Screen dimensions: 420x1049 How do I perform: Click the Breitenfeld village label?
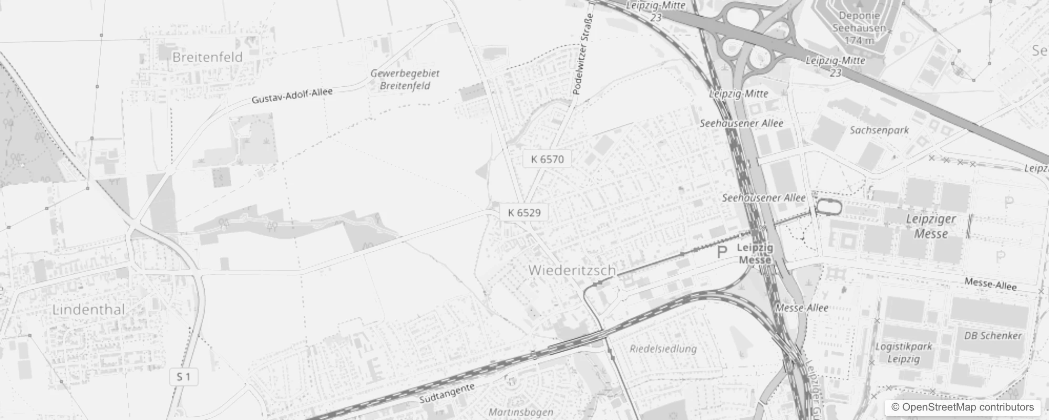pos(207,57)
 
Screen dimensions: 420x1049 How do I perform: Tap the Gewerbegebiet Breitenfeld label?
pos(405,80)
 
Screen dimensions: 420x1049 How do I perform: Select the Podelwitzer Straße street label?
pos(583,55)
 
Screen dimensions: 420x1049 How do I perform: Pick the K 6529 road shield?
pos(524,213)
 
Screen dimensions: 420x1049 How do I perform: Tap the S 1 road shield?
pos(183,377)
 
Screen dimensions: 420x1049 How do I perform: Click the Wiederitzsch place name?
pos(572,270)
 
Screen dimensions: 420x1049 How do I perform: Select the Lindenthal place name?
pos(89,310)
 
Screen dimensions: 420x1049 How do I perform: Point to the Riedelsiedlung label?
pos(663,349)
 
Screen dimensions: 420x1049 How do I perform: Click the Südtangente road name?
pos(447,393)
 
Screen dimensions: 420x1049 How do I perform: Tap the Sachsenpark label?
pos(879,130)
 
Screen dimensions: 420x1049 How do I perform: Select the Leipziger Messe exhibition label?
pos(931,226)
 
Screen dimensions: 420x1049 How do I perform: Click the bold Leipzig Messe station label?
pos(755,253)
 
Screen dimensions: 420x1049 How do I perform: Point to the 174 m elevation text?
pos(860,40)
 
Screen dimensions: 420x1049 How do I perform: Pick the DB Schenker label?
pos(993,335)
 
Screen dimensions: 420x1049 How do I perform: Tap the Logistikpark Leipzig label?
pos(903,353)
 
